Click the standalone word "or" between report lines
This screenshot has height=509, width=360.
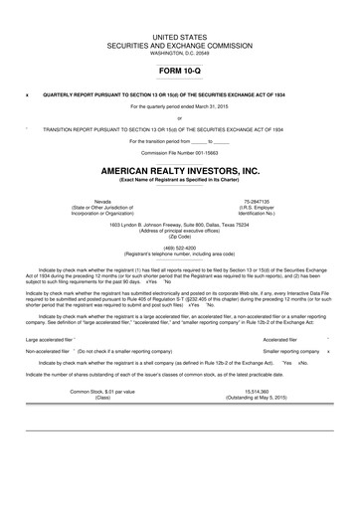click(x=179, y=117)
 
